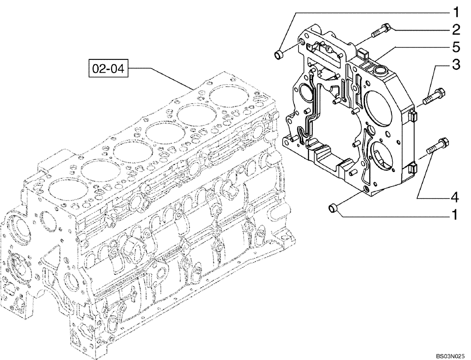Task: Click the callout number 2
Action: (455, 29)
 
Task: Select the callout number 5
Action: (455, 47)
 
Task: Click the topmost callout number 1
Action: (455, 10)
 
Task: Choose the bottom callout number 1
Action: (455, 215)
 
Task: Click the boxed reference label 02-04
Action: (108, 69)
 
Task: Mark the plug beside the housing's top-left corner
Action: (279, 56)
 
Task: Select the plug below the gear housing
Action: (333, 207)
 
